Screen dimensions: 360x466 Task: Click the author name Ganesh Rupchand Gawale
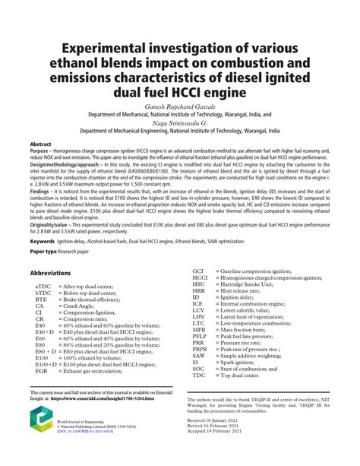click(x=180, y=104)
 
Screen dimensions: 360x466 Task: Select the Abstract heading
click(x=41, y=143)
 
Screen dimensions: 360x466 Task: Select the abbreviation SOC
click(x=199, y=368)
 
